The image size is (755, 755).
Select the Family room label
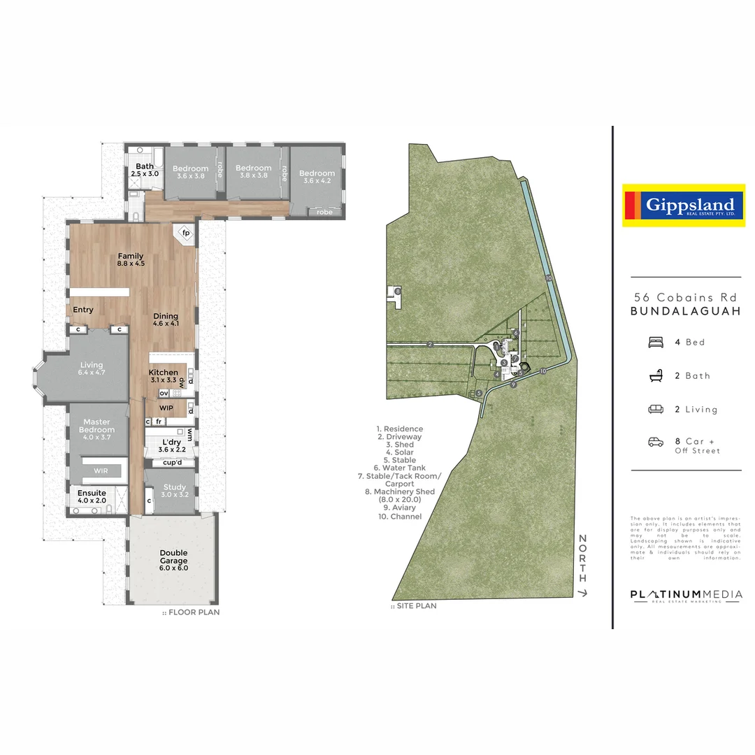[x=131, y=259]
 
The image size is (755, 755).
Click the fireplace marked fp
[x=186, y=233]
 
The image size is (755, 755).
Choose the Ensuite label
[x=92, y=496]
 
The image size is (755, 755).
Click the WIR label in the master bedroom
[x=101, y=470]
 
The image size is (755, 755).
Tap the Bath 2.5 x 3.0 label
[x=145, y=170]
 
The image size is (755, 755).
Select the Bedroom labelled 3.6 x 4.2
[x=317, y=177]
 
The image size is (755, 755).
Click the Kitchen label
[x=164, y=376]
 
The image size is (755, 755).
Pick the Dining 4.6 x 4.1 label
[x=166, y=320]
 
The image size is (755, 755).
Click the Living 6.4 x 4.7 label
[x=92, y=368]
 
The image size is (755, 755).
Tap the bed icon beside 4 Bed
[x=656, y=343]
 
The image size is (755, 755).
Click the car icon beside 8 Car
[x=656, y=442]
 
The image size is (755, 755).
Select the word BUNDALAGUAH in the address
[x=685, y=312]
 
